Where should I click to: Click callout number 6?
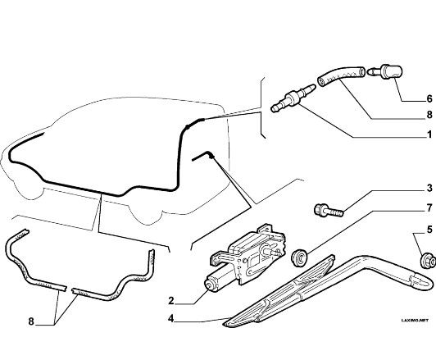pyautogui.click(x=429, y=98)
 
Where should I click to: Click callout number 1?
pyautogui.click(x=429, y=134)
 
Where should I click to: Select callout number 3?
pyautogui.click(x=429, y=188)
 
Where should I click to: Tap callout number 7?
pyautogui.click(x=429, y=207)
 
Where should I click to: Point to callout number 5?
pyautogui.click(x=429, y=230)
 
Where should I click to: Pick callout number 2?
pyautogui.click(x=171, y=300)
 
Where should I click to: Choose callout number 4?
pyautogui.click(x=171, y=318)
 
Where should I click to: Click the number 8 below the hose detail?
pyautogui.click(x=31, y=321)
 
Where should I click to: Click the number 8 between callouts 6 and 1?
pyautogui.click(x=429, y=115)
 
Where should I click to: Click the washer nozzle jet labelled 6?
pyautogui.click(x=385, y=72)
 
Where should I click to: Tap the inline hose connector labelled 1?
pyautogui.click(x=293, y=98)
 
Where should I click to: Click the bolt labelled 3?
pyautogui.click(x=329, y=211)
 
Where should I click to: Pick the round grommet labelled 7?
pyautogui.click(x=299, y=258)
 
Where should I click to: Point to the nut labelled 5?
pyautogui.click(x=427, y=260)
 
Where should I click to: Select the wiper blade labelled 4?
pyautogui.click(x=281, y=290)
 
